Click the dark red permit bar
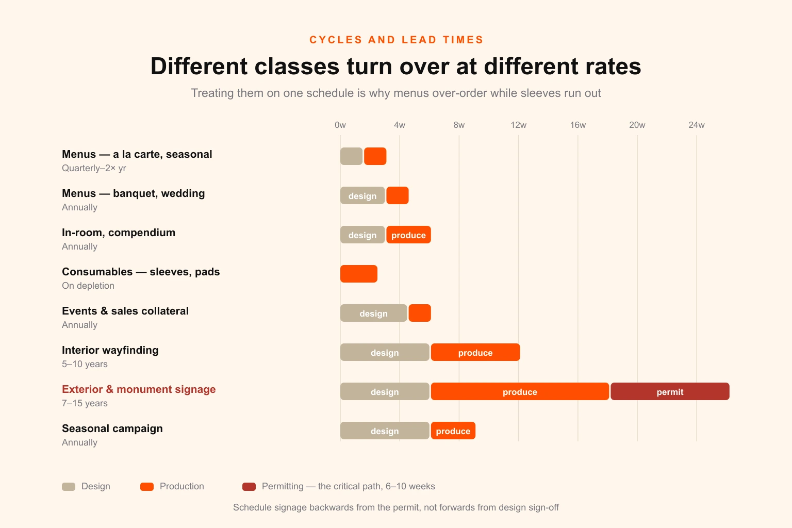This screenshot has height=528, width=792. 670,391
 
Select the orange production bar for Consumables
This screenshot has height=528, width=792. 359,274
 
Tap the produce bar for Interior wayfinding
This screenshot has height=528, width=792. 475,352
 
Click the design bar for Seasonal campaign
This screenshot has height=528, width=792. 385,431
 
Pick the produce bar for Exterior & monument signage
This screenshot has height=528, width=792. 520,391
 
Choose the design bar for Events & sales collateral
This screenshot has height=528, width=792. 373,313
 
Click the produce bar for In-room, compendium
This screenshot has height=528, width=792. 408,235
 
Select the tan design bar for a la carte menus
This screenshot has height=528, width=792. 351,156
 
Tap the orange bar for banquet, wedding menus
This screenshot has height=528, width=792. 398,195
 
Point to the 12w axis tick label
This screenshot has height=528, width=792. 518,125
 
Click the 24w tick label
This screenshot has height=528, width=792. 697,125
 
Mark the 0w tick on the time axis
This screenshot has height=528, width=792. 340,125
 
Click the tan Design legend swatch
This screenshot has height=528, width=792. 69,487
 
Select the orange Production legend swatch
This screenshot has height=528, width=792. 147,487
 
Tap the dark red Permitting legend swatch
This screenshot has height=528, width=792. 249,487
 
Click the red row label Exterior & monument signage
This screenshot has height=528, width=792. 139,389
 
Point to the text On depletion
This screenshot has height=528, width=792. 88,285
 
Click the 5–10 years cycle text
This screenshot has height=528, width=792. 85,364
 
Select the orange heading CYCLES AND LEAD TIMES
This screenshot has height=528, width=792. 396,40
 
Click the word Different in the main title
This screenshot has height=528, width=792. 199,66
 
